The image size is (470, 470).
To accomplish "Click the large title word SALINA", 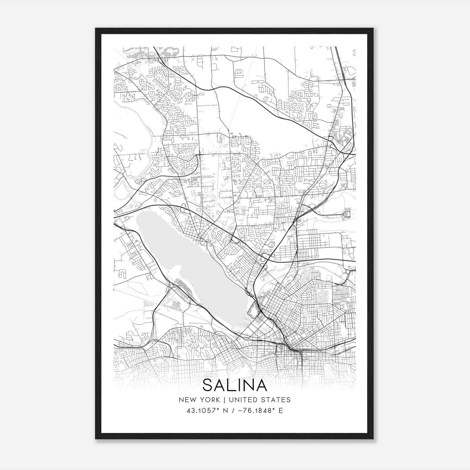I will tap(235, 385).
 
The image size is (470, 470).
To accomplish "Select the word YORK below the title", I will tap(209, 400).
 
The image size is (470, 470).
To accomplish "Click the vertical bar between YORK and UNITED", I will tap(224, 400).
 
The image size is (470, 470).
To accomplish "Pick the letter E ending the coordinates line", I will tap(281, 411).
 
